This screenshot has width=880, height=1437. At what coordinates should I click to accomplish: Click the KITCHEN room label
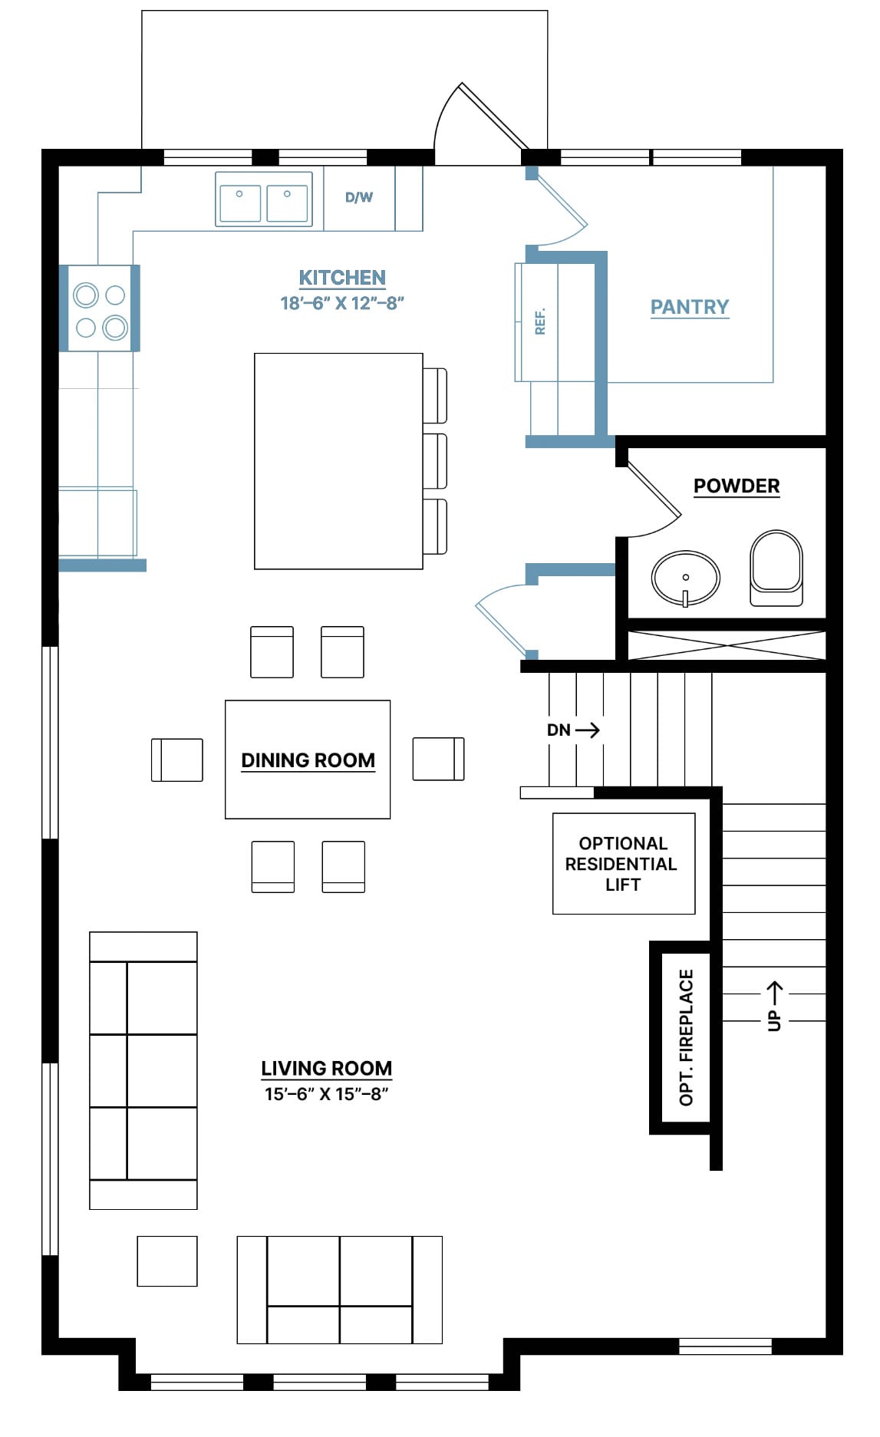(x=342, y=278)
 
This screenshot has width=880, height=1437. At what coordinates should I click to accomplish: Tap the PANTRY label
(x=690, y=307)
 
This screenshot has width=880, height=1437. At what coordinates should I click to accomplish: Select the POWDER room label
(x=737, y=486)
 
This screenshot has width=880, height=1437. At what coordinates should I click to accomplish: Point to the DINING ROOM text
(x=308, y=760)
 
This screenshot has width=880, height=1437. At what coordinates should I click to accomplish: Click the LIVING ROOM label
(x=326, y=1068)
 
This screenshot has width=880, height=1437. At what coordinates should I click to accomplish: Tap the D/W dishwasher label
(x=359, y=197)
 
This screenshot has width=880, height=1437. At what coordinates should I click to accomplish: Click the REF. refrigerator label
(x=540, y=321)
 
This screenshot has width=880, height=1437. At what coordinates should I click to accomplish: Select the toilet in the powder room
(x=776, y=568)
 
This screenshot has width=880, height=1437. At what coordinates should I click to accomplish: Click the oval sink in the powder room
(x=686, y=578)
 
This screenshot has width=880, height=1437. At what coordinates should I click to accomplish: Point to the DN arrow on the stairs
(x=588, y=730)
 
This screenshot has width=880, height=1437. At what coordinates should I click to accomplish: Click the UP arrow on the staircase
(x=775, y=993)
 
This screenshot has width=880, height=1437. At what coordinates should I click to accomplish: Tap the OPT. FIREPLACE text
(x=686, y=1037)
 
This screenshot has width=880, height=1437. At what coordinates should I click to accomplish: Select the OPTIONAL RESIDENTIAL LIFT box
(x=624, y=863)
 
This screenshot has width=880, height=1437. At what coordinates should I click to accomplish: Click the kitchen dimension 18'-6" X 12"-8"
(x=342, y=303)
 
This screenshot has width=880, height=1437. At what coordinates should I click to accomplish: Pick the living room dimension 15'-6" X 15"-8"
(x=327, y=1094)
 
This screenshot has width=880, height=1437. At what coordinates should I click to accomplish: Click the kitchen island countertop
(x=338, y=461)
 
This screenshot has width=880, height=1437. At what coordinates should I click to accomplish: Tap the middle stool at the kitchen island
(x=435, y=461)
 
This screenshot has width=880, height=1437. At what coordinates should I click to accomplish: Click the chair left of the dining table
(x=177, y=760)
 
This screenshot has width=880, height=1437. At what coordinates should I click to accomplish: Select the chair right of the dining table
(x=439, y=759)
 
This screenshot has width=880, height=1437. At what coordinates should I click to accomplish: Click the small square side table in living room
(x=167, y=1261)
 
